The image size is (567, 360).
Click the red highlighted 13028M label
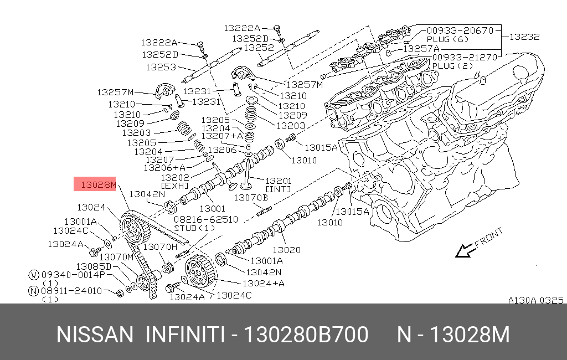point(95,184)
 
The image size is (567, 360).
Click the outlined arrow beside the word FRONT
point(464,251)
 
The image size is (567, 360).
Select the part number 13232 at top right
point(524,37)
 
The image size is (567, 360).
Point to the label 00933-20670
point(459,30)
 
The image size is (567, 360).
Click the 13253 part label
point(161,66)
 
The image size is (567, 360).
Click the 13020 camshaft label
point(286,250)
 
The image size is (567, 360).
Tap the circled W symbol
point(33,274)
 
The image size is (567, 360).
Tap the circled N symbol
point(33,290)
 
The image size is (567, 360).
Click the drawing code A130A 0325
point(535,300)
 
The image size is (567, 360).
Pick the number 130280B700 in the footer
point(306,335)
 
